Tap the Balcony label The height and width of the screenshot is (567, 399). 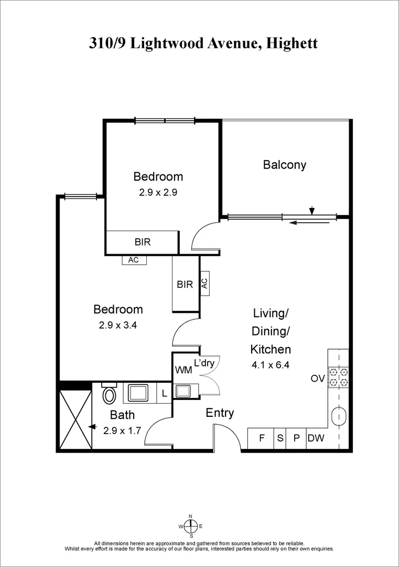(284, 165)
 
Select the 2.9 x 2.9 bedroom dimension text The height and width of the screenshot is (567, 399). (158, 192)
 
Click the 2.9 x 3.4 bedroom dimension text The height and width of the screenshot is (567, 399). (118, 325)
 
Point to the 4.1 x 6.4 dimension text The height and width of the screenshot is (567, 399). (270, 364)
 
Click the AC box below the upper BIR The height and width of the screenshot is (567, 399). (134, 260)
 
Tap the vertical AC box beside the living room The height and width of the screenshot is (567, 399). (204, 283)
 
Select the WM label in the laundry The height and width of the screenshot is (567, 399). (184, 370)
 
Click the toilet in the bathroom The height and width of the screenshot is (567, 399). (110, 394)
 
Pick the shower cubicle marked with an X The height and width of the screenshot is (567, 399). (76, 420)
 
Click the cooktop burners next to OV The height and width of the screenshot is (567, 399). (338, 377)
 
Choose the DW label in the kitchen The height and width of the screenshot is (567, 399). (316, 438)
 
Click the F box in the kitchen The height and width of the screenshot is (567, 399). (261, 438)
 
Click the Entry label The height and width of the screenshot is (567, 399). (219, 413)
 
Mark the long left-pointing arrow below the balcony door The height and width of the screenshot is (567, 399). (309, 223)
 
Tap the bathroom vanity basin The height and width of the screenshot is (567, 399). (139, 393)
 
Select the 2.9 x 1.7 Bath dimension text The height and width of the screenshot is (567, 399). (122, 430)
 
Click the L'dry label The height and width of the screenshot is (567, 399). (204, 363)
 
